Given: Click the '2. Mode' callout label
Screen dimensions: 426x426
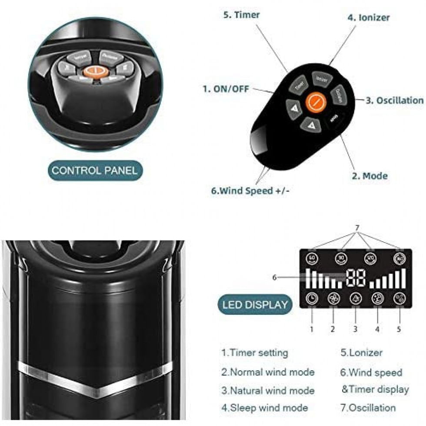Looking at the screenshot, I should click(369, 176).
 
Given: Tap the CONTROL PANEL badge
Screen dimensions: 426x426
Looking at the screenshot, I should click(94, 170).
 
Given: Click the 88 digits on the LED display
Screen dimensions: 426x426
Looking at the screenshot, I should click(356, 278).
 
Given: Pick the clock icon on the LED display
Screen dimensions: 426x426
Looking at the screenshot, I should click(311, 299).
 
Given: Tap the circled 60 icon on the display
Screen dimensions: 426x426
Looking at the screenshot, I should click(312, 259).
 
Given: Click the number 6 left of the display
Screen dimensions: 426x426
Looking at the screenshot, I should click(274, 277).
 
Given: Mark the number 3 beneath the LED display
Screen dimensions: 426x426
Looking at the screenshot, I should click(355, 329).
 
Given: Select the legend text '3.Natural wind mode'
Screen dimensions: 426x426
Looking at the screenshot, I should click(267, 390).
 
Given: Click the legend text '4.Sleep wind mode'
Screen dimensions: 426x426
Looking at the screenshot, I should click(264, 408).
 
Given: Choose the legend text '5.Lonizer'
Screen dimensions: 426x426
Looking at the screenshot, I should click(362, 353).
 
